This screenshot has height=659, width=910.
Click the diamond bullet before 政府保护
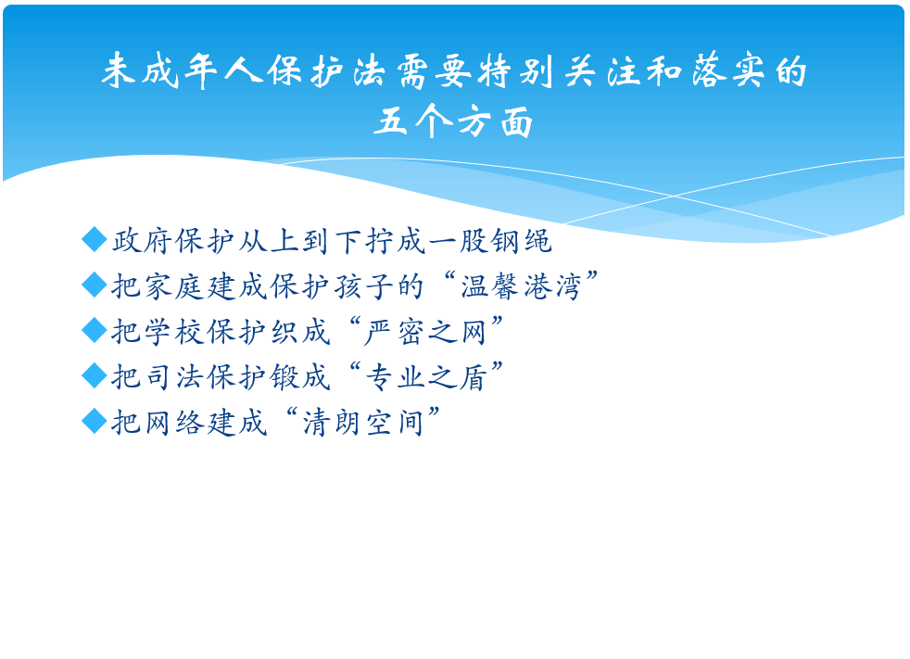(x=95, y=239)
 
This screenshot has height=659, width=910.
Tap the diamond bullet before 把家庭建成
(x=95, y=285)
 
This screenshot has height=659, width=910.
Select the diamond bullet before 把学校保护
(x=95, y=330)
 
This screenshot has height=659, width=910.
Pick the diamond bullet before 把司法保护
(x=95, y=375)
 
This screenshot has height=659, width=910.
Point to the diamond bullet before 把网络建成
(x=95, y=421)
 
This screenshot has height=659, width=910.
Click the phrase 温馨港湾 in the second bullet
(x=521, y=285)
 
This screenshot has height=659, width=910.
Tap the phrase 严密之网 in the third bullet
(x=424, y=331)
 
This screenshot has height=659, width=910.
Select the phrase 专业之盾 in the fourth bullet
(x=424, y=376)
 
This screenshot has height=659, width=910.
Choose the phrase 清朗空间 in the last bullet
(x=362, y=422)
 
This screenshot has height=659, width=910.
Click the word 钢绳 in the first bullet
(x=521, y=240)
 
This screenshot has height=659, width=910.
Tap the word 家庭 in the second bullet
(x=173, y=285)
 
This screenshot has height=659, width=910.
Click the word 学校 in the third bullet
(x=173, y=331)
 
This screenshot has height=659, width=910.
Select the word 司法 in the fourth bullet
(x=173, y=376)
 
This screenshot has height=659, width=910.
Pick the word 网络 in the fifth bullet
(x=173, y=422)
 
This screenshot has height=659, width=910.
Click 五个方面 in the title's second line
(x=453, y=122)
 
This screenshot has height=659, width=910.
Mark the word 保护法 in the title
(x=327, y=70)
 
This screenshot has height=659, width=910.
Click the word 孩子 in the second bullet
(x=363, y=285)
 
